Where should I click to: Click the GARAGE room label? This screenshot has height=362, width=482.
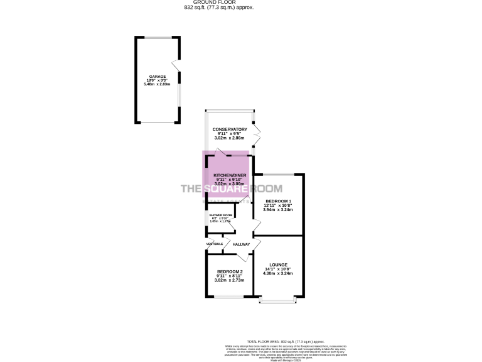(x=158, y=76)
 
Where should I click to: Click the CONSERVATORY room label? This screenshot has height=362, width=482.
(x=230, y=129)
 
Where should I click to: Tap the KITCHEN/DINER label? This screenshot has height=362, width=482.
(x=229, y=174)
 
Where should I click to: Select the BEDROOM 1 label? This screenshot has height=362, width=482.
(x=278, y=201)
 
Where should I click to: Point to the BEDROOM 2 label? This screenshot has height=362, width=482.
(x=230, y=271)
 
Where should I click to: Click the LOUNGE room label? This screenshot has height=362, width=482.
(x=278, y=265)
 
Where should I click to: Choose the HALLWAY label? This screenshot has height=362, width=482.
(x=241, y=244)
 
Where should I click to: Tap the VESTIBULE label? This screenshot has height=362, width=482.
(x=214, y=244)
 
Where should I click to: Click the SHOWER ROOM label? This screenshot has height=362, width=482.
(x=220, y=216)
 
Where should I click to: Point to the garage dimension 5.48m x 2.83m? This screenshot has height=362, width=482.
(x=158, y=84)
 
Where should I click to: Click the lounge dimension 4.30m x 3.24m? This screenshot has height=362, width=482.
(x=278, y=274)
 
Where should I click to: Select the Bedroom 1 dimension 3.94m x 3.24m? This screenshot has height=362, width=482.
(x=278, y=209)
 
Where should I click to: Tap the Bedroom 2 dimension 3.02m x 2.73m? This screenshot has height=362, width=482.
(x=230, y=280)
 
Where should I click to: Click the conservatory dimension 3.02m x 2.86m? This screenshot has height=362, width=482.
(x=230, y=138)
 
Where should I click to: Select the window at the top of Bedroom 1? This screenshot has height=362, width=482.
(x=278, y=173)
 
